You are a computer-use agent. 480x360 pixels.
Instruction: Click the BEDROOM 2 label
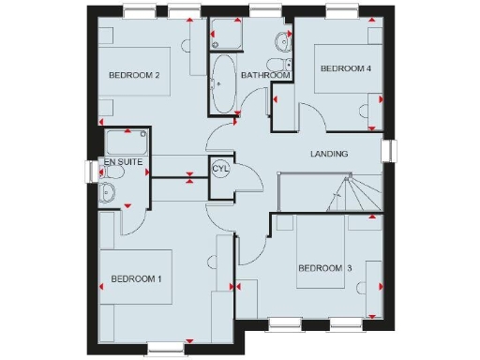[x=134, y=75]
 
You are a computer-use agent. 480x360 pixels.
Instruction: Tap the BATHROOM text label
[x=262, y=74]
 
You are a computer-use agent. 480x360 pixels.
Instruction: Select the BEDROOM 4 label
[x=346, y=68]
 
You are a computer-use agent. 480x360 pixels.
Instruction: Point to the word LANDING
[x=329, y=154]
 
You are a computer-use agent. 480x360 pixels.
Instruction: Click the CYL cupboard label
[x=221, y=169]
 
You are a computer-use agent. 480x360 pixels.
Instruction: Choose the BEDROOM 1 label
[x=137, y=278]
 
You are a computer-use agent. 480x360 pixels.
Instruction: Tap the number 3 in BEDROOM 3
[x=349, y=269]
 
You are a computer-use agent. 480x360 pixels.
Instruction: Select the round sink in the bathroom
[x=281, y=40]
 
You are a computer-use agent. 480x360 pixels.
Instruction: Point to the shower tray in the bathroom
[x=226, y=35]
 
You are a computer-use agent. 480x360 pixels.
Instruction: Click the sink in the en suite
[x=109, y=193]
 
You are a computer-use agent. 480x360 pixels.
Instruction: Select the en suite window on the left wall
[x=91, y=172]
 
